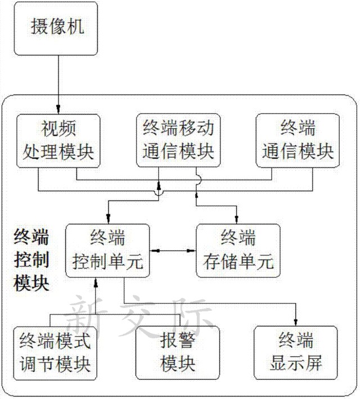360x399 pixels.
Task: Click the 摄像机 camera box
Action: point(56,28)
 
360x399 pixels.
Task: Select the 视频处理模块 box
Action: point(58,140)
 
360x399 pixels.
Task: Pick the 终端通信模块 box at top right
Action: point(298,140)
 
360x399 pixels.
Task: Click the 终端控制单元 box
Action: point(108,250)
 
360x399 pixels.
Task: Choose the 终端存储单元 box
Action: point(237,250)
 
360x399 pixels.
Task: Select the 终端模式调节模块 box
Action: point(55,351)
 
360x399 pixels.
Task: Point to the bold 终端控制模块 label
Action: point(31,259)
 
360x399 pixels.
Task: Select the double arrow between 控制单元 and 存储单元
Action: point(173,249)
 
